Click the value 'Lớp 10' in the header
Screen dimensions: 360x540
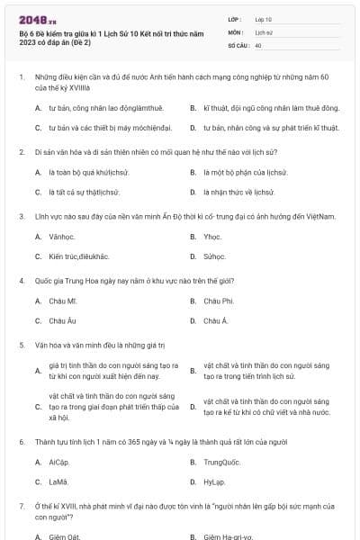tap(264, 18)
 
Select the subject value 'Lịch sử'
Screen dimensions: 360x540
tap(264, 31)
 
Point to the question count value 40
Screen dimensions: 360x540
tap(258, 44)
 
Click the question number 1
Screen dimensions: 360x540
tap(21, 78)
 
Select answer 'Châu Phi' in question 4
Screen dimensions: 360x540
tap(219, 301)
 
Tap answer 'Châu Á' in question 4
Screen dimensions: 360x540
tap(216, 320)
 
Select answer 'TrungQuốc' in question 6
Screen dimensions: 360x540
tap(222, 463)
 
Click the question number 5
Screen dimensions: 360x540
tap(21, 344)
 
